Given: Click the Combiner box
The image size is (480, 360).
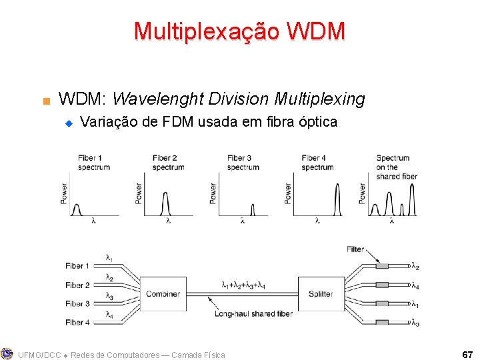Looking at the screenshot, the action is pyautogui.click(x=163, y=293).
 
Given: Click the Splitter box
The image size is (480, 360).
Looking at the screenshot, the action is pyautogui.click(x=321, y=293).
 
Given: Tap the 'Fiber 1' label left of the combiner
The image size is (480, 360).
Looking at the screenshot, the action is pyautogui.click(x=78, y=266).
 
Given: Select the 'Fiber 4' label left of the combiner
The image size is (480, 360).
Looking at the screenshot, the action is pyautogui.click(x=78, y=323).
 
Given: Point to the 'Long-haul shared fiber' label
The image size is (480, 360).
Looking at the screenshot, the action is pyautogui.click(x=253, y=313).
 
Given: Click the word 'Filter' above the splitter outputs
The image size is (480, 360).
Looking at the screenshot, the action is pyautogui.click(x=355, y=249).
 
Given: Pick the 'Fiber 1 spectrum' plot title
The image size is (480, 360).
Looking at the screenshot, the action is pyautogui.click(x=93, y=163).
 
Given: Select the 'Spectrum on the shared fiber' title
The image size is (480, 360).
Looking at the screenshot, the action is pyautogui.click(x=396, y=167).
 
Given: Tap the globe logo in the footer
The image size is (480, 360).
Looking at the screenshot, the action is pyautogui.click(x=7, y=353).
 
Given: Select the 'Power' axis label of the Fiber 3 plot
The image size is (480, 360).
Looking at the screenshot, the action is pyautogui.click(x=213, y=193).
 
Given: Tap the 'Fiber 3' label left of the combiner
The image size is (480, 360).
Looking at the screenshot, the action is pyautogui.click(x=78, y=304).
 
